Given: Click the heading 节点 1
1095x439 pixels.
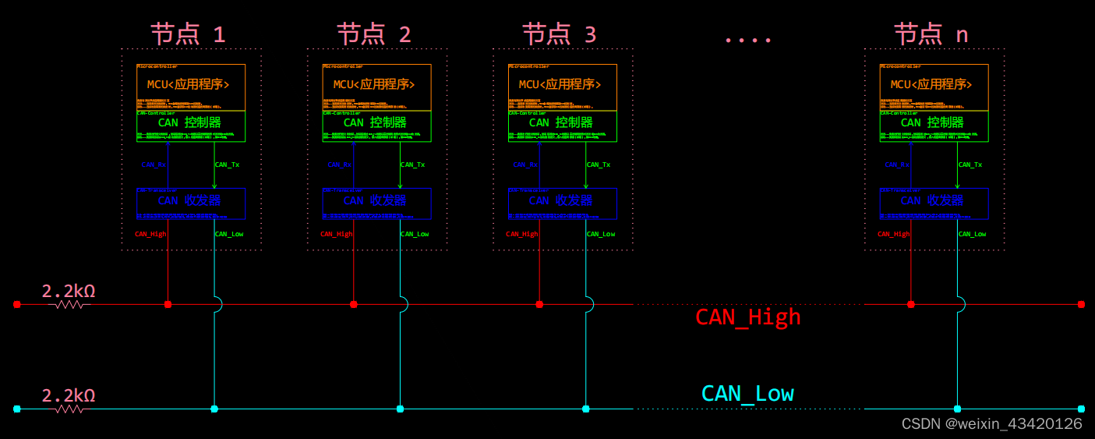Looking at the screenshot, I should (188, 34).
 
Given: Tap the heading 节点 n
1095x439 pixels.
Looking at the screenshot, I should (931, 34).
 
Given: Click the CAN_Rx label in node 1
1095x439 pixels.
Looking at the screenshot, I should (154, 165).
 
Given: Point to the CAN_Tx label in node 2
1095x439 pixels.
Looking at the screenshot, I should (412, 165).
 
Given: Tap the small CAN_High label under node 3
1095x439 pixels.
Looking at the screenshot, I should (521, 234).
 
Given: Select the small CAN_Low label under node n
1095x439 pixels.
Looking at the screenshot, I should (972, 234).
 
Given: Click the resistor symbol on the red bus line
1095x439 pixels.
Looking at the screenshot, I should (69, 305).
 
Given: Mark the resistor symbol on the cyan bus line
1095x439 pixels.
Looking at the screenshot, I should (69, 409).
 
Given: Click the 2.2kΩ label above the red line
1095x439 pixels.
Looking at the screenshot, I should (69, 291).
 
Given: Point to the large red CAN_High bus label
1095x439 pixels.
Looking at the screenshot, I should (747, 317).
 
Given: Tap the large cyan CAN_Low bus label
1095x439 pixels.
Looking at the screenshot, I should (747, 393).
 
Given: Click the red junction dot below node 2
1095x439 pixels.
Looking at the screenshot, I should (354, 304).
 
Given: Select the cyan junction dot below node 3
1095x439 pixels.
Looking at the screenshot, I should (585, 409).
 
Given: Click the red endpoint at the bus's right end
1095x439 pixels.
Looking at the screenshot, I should (1081, 304).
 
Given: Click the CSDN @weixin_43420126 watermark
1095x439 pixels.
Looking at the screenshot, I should (991, 423).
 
